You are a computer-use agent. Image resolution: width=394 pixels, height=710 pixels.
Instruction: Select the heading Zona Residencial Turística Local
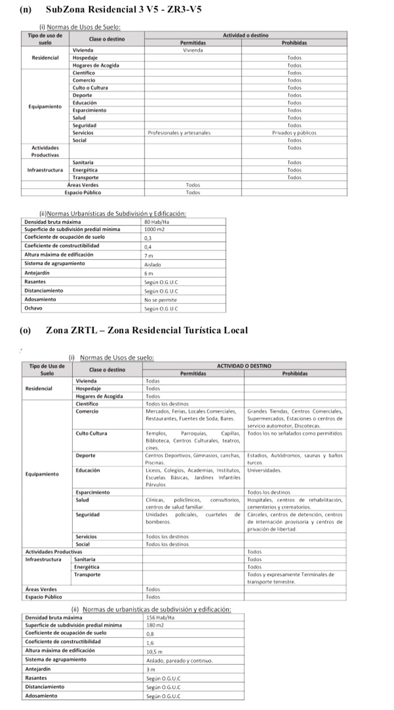pos(147,330)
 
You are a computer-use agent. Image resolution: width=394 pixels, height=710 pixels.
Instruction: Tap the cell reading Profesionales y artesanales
pos(179,133)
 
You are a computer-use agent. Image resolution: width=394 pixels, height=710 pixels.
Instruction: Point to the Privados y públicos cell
pos(294,133)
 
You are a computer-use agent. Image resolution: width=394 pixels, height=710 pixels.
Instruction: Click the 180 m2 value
pos(154,625)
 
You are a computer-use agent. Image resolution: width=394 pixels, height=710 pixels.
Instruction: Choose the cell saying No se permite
pos(160,300)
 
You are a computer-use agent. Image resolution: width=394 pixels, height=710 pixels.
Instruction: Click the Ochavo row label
pos(34,308)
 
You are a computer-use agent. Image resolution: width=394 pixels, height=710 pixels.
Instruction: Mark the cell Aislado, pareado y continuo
pos(179,660)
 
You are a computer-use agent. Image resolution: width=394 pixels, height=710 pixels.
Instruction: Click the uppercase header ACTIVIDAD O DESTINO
pos(243,366)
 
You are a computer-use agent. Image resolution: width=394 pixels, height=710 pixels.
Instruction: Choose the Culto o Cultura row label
pos(90,88)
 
